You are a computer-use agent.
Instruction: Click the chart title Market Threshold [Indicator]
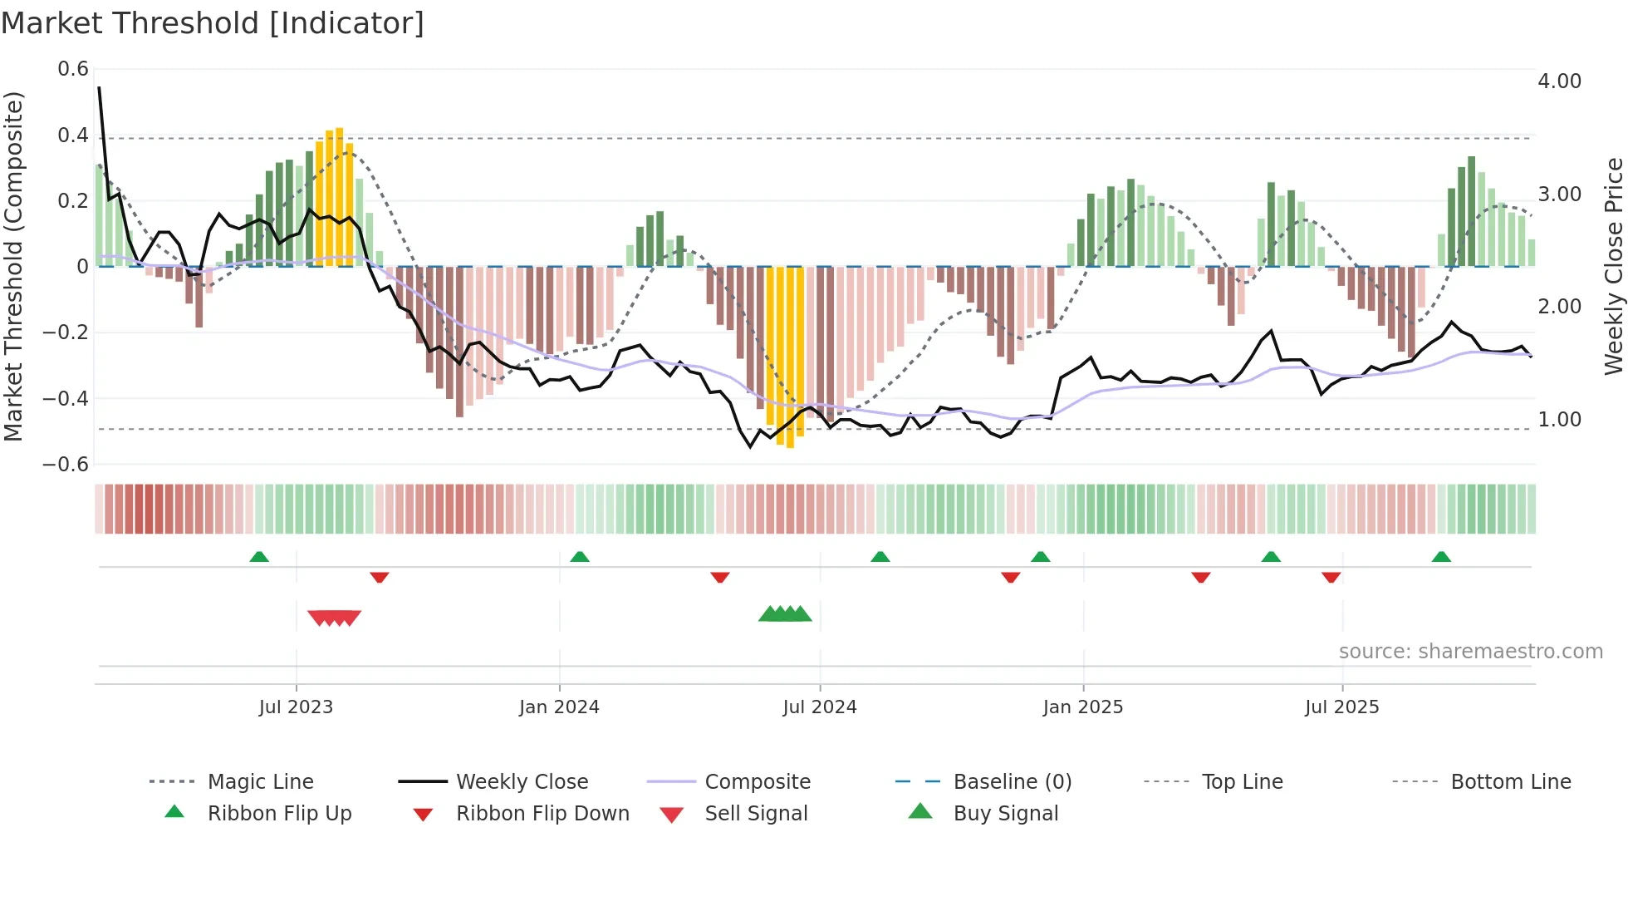[x=213, y=23]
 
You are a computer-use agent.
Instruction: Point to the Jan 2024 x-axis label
[x=559, y=707]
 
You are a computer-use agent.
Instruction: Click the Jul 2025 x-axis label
[x=1341, y=707]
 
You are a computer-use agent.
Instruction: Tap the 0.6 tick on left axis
[x=73, y=69]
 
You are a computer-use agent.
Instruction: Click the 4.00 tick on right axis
[x=1559, y=81]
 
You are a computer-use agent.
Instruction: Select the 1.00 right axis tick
[x=1559, y=419]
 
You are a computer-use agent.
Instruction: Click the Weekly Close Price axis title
[x=1613, y=266]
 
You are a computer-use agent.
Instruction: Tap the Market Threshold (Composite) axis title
[x=13, y=266]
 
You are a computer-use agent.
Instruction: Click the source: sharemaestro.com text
[x=1470, y=651]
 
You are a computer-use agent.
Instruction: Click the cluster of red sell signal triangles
[x=334, y=618]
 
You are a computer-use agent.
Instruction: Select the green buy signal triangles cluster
[x=785, y=614]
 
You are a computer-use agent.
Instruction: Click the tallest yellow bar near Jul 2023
[x=339, y=195]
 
